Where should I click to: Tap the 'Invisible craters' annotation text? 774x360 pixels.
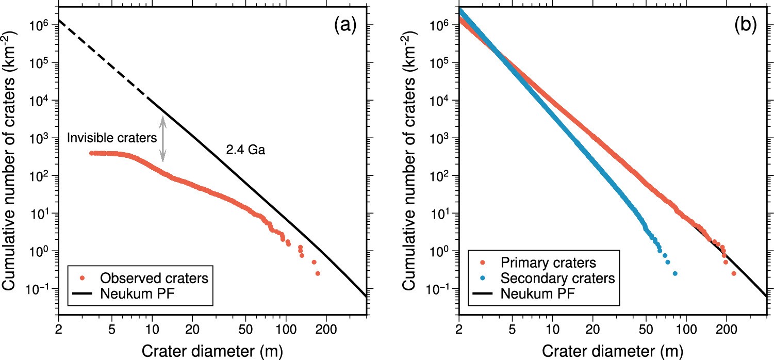pyautogui.click(x=112, y=138)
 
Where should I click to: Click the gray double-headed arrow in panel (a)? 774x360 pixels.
pyautogui.click(x=163, y=138)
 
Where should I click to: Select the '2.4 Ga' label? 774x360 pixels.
pyautogui.click(x=245, y=151)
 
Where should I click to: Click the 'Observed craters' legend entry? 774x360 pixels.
pyautogui.click(x=153, y=278)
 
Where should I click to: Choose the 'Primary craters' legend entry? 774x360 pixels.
pyautogui.click(x=549, y=263)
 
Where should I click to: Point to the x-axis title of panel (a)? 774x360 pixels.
pyautogui.click(x=212, y=350)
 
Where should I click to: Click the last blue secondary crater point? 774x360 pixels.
pyautogui.click(x=674, y=273)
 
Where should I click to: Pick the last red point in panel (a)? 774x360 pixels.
pyautogui.click(x=318, y=273)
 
